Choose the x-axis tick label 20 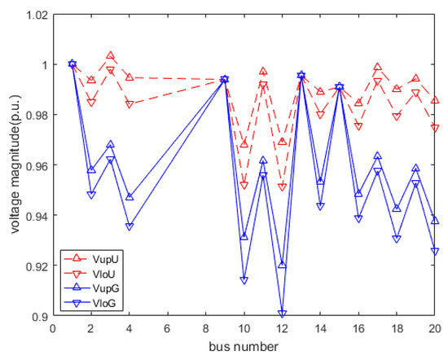pyautogui.click(x=436, y=329)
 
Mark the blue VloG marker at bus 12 pyautogui.click(x=283, y=314)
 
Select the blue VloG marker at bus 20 pyautogui.click(x=436, y=252)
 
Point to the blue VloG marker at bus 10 pyautogui.click(x=244, y=280)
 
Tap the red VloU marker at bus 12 pyautogui.click(x=283, y=187)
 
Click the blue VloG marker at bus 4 pyautogui.click(x=130, y=226)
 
